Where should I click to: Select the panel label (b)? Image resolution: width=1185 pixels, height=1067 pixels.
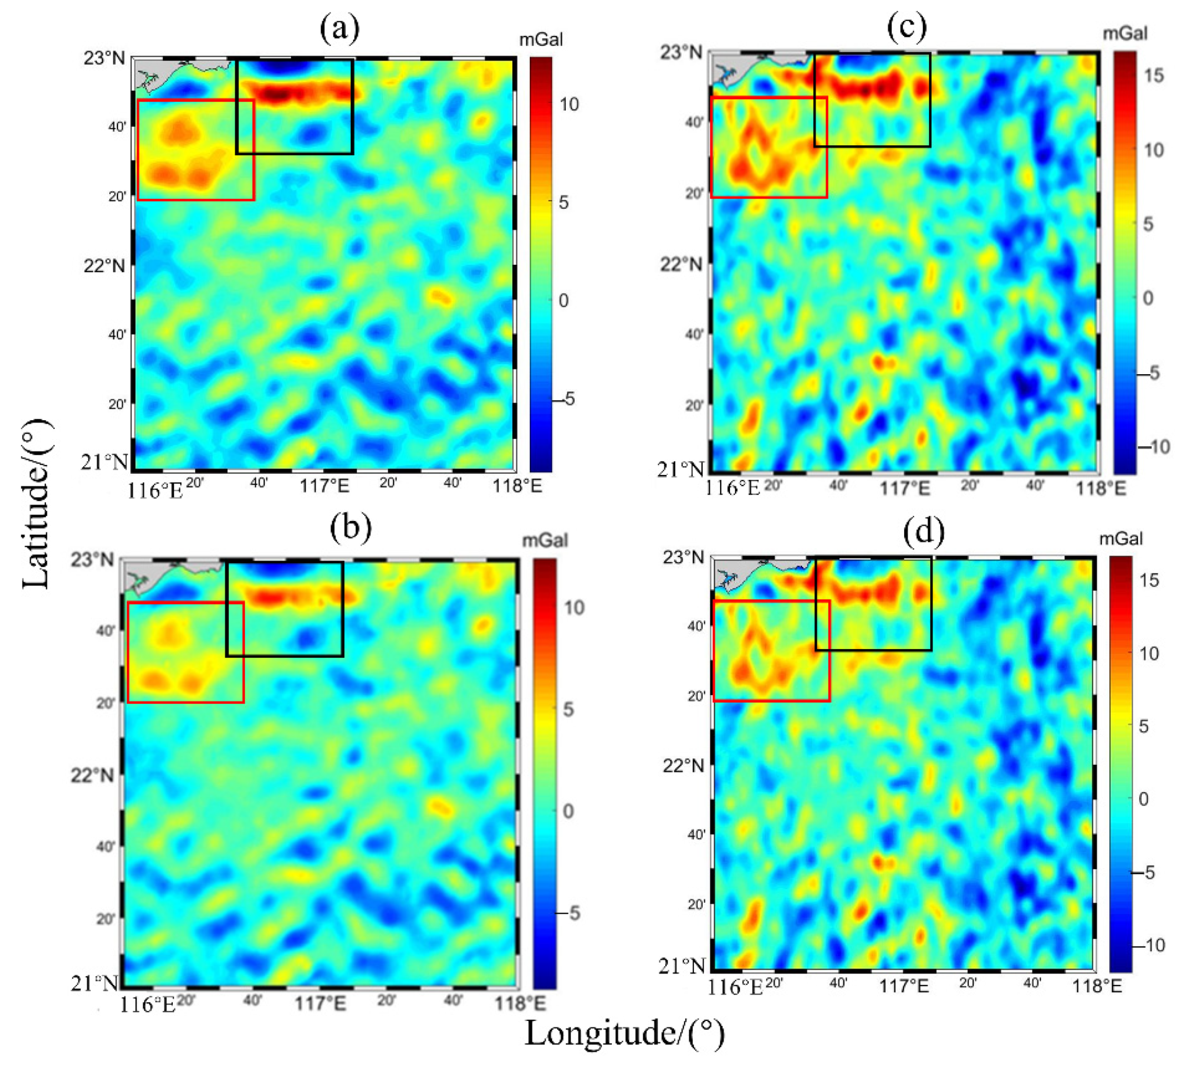pos(350,528)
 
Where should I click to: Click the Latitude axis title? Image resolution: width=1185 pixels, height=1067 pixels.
pos(36,504)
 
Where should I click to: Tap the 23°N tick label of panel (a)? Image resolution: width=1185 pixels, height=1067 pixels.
pos(104,59)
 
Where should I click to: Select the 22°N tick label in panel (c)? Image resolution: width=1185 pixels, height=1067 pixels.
pos(681,264)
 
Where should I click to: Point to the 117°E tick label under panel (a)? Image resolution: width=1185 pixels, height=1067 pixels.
pos(324,486)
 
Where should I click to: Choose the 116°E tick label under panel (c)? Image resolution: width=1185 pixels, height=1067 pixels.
pos(732,488)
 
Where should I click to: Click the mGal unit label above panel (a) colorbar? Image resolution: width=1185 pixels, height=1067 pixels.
pos(540,40)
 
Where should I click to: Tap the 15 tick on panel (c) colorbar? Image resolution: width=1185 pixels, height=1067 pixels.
pos(1153,76)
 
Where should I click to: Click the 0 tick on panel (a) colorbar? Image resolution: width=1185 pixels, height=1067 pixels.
pos(563,301)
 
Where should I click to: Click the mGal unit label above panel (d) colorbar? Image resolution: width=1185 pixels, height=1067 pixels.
pos(1121,539)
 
